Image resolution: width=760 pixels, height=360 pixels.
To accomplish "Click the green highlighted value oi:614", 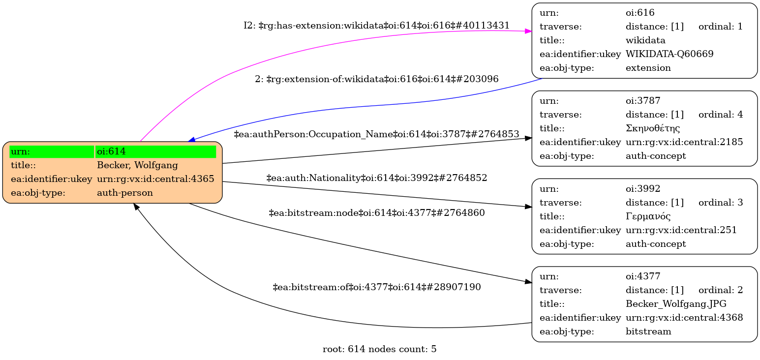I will (155, 151).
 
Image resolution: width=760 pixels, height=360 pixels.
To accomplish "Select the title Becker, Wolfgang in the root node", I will (137, 165).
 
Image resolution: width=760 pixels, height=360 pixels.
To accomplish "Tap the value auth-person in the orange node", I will (125, 193).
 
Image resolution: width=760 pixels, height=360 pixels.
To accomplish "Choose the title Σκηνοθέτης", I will (653, 128).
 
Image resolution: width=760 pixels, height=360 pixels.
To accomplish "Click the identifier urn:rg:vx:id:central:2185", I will (684, 142).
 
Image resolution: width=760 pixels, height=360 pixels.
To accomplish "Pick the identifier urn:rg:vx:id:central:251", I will (681, 230).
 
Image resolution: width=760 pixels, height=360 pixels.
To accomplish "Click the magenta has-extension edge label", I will (376, 26).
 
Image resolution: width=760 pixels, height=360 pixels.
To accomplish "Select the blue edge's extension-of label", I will (377, 79).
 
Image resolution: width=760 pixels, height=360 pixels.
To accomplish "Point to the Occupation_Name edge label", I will (377, 134).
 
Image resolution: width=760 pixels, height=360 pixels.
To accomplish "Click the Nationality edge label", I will (377, 178).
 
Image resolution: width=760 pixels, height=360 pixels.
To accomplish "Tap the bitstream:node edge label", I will (377, 213).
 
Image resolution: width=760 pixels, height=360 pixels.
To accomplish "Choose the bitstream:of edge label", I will (377, 287).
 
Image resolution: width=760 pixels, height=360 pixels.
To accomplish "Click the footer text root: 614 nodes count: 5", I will (379, 350).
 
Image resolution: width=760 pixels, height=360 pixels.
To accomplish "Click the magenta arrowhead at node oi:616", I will (528, 31).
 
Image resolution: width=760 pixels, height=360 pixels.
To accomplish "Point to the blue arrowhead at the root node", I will (192, 140).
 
